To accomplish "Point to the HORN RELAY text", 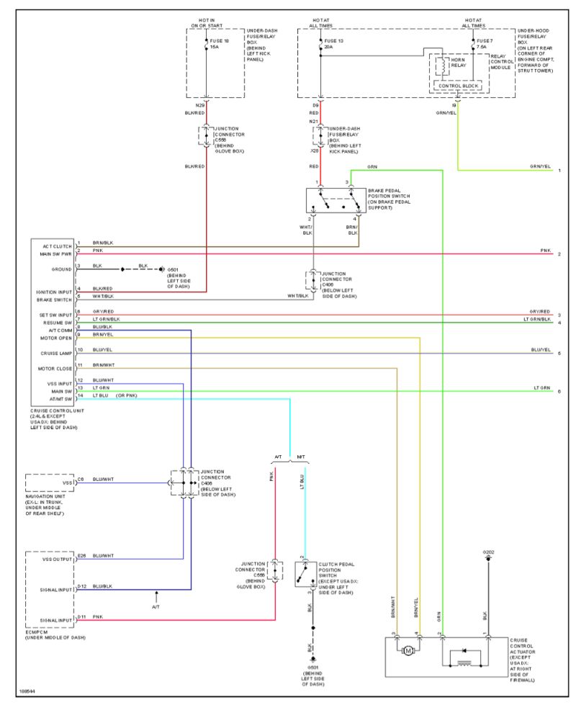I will coord(459,63).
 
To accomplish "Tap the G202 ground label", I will coord(488,553).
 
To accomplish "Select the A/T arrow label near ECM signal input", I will coord(156,606).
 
